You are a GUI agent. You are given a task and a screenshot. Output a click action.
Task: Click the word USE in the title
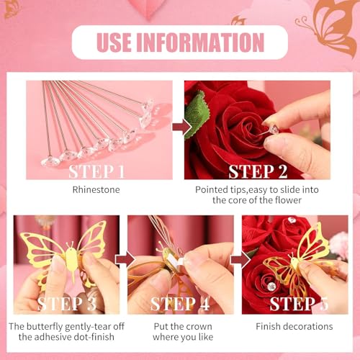click(114, 42)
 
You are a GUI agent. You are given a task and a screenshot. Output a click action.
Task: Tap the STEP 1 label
click(96, 171)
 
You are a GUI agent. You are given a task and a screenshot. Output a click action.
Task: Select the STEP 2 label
click(258, 171)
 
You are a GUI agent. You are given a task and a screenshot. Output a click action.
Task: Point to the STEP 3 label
click(67, 304)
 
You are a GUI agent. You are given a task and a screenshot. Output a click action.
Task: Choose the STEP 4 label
click(180, 304)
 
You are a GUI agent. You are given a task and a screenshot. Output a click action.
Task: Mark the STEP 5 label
click(299, 304)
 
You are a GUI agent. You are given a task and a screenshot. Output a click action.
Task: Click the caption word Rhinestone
click(96, 189)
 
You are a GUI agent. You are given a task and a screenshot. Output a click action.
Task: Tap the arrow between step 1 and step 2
click(182, 127)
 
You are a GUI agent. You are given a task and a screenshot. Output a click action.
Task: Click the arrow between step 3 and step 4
click(125, 260)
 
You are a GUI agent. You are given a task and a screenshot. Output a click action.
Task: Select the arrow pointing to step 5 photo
click(240, 260)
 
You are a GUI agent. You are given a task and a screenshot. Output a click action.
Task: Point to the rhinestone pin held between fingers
click(271, 130)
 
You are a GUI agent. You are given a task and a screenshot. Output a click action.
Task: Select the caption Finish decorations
click(294, 326)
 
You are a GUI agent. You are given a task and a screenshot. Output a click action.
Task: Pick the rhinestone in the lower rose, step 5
click(271, 286)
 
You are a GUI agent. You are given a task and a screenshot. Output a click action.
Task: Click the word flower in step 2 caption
click(288, 200)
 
